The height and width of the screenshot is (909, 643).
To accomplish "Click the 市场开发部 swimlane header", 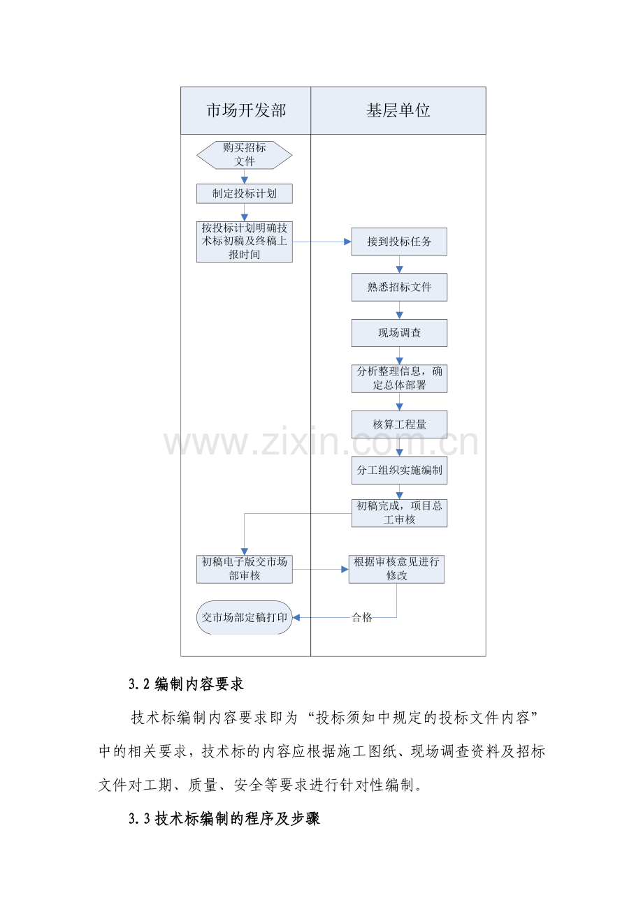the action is pos(246,110).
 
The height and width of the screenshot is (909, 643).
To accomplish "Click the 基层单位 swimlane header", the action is pos(398,110).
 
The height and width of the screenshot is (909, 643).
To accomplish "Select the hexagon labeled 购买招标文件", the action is pos(244,155).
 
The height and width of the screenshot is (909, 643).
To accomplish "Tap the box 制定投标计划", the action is pos(244,193).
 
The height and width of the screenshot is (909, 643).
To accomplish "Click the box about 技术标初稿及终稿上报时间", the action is pos(244,242).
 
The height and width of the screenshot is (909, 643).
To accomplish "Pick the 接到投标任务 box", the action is pos(399,242).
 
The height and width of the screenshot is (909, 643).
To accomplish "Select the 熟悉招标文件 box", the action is pos(399,288).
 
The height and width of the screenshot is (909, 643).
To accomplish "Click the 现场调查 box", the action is pos(399,333).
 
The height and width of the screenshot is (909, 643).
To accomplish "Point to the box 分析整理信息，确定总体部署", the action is pos(399,378).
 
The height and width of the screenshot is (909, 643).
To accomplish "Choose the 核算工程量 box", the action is pos(399,424).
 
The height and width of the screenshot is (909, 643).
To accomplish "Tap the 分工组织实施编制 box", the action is pos(399,471).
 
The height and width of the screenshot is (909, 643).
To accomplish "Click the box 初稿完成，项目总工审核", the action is pos(399,513).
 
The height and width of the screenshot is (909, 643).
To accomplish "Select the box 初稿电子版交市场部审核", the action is pos(244,569).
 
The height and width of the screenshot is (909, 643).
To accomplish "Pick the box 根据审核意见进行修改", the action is pos(396,569).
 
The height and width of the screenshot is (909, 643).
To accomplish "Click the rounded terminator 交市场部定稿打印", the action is pos(244,617).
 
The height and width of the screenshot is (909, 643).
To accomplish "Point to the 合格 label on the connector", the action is pos(361,618).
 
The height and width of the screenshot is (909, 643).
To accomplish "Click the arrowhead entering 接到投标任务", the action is pos(347,242).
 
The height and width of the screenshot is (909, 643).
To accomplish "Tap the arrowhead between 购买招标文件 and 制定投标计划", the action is pos(244,179).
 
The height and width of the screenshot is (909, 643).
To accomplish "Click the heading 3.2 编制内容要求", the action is pos(186,684).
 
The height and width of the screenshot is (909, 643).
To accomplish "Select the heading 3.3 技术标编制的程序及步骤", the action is pos(224,819).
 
